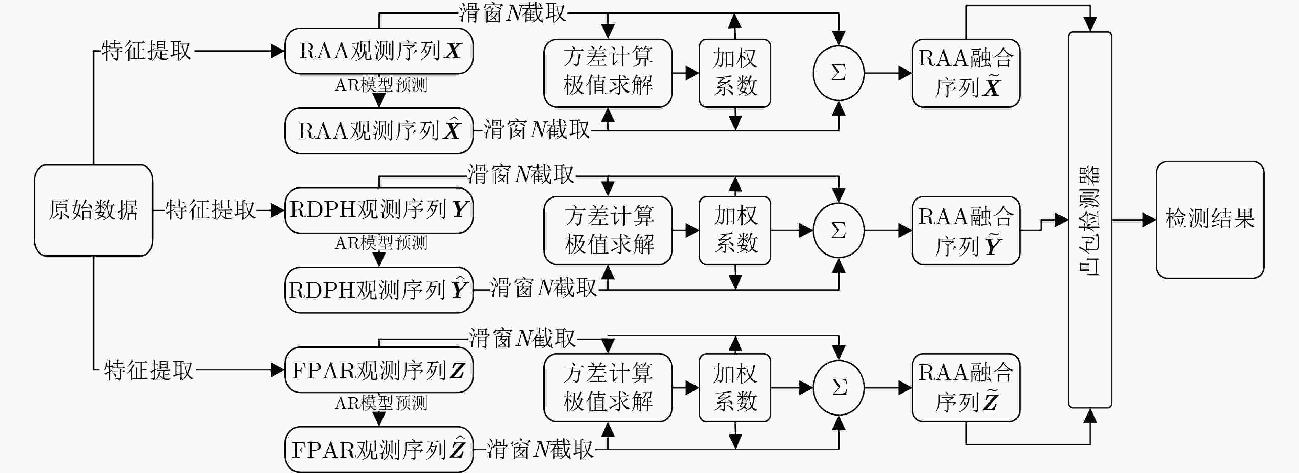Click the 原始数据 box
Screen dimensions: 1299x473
[x=93, y=210]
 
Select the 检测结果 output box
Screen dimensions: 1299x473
[x=1210, y=219]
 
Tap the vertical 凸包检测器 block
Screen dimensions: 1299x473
[x=1090, y=219]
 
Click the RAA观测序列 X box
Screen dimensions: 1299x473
[x=379, y=51]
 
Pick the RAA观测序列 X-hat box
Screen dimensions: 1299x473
[x=379, y=130]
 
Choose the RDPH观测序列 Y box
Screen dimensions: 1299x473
[x=379, y=210]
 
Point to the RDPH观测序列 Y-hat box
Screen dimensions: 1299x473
[x=379, y=290]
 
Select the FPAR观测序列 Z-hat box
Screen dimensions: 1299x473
[x=379, y=449]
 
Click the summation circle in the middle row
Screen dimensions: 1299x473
[x=838, y=231]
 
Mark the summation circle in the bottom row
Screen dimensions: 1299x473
[x=838, y=388]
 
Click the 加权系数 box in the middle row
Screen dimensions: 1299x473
[x=735, y=231]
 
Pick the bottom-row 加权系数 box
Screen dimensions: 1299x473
[x=735, y=388]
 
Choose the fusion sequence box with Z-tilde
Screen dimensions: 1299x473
[x=966, y=388]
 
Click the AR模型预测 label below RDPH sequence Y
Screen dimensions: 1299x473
[x=381, y=243]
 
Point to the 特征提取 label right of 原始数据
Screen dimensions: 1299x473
[x=210, y=210]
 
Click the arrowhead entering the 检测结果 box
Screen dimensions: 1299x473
[x=1149, y=219]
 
